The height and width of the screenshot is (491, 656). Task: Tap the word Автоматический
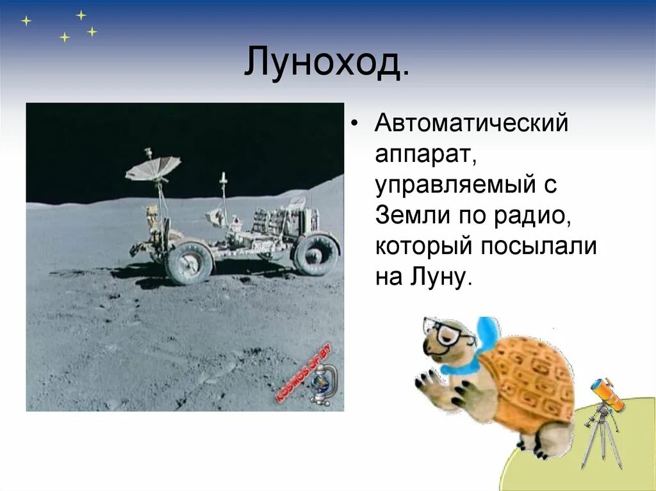(x=471, y=122)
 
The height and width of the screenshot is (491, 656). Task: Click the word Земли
(x=407, y=214)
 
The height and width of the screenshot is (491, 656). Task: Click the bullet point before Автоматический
(x=356, y=122)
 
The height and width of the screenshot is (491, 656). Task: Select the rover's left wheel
(x=189, y=262)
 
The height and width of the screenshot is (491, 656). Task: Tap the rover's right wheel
(x=315, y=254)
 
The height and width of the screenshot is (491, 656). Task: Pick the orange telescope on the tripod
(x=607, y=394)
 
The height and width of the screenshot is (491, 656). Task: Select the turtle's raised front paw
(x=432, y=387)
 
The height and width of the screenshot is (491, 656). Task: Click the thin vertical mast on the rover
(x=224, y=192)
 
